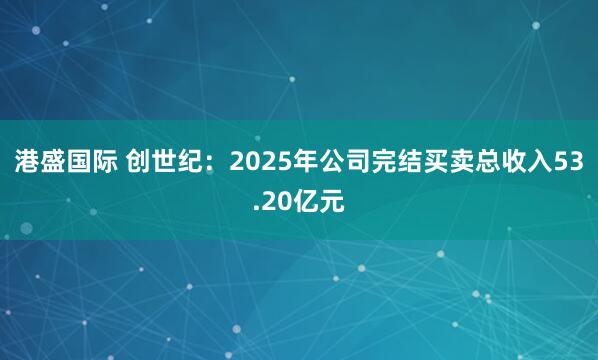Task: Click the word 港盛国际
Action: [x=65, y=164]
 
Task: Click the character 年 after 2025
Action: [x=305, y=164]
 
